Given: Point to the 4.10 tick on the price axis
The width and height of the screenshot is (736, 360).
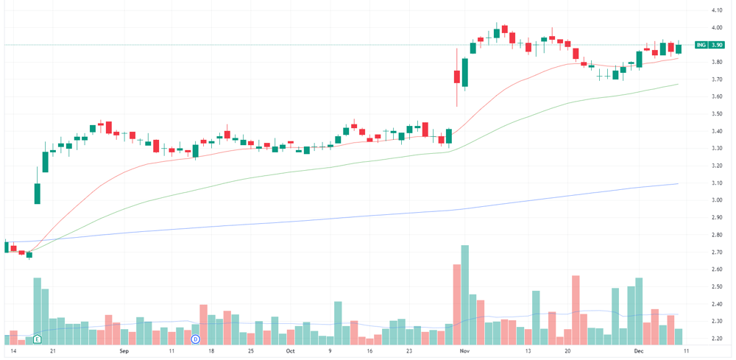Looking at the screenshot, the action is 716,10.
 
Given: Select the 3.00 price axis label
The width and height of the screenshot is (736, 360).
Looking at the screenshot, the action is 716,200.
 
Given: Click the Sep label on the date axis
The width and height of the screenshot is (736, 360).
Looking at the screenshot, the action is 124,351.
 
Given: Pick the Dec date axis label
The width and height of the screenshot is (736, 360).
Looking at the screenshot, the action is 639,351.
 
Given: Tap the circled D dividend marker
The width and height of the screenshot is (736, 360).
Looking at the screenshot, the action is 197,339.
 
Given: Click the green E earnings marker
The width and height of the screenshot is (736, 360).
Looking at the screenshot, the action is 38,339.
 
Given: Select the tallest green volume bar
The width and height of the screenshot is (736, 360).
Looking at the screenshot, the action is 465,295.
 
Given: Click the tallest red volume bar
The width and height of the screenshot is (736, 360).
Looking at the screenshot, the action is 457,305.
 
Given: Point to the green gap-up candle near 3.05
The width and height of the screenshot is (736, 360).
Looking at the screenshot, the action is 38,194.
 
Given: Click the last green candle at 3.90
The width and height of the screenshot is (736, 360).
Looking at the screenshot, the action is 679,49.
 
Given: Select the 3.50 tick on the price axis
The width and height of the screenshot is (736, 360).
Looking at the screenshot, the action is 716,114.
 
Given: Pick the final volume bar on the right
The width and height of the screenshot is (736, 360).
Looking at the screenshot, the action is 679,337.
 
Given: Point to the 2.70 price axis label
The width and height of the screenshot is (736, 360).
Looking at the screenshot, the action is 716,252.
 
